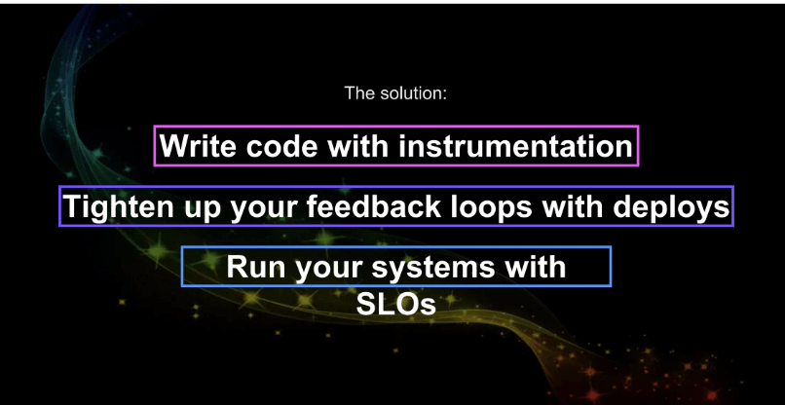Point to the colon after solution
pos(443,94)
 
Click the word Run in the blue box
pos(256,267)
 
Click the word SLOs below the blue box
pos(396,304)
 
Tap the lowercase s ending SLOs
pos(428,307)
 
